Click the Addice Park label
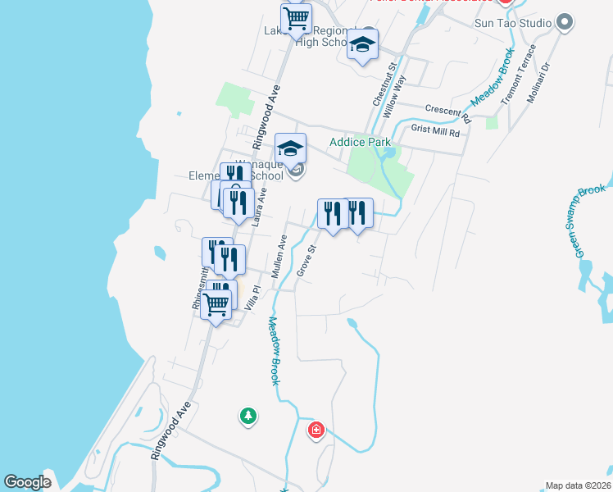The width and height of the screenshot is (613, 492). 360,142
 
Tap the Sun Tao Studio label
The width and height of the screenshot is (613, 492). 513,23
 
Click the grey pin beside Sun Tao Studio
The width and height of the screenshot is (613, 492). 564,22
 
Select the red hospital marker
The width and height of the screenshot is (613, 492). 316,430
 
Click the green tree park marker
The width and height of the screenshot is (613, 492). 247,417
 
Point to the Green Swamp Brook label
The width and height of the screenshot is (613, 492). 590,221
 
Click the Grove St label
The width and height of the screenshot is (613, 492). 306,261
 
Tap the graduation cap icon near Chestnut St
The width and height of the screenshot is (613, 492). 361,45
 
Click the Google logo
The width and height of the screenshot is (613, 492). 28,483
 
